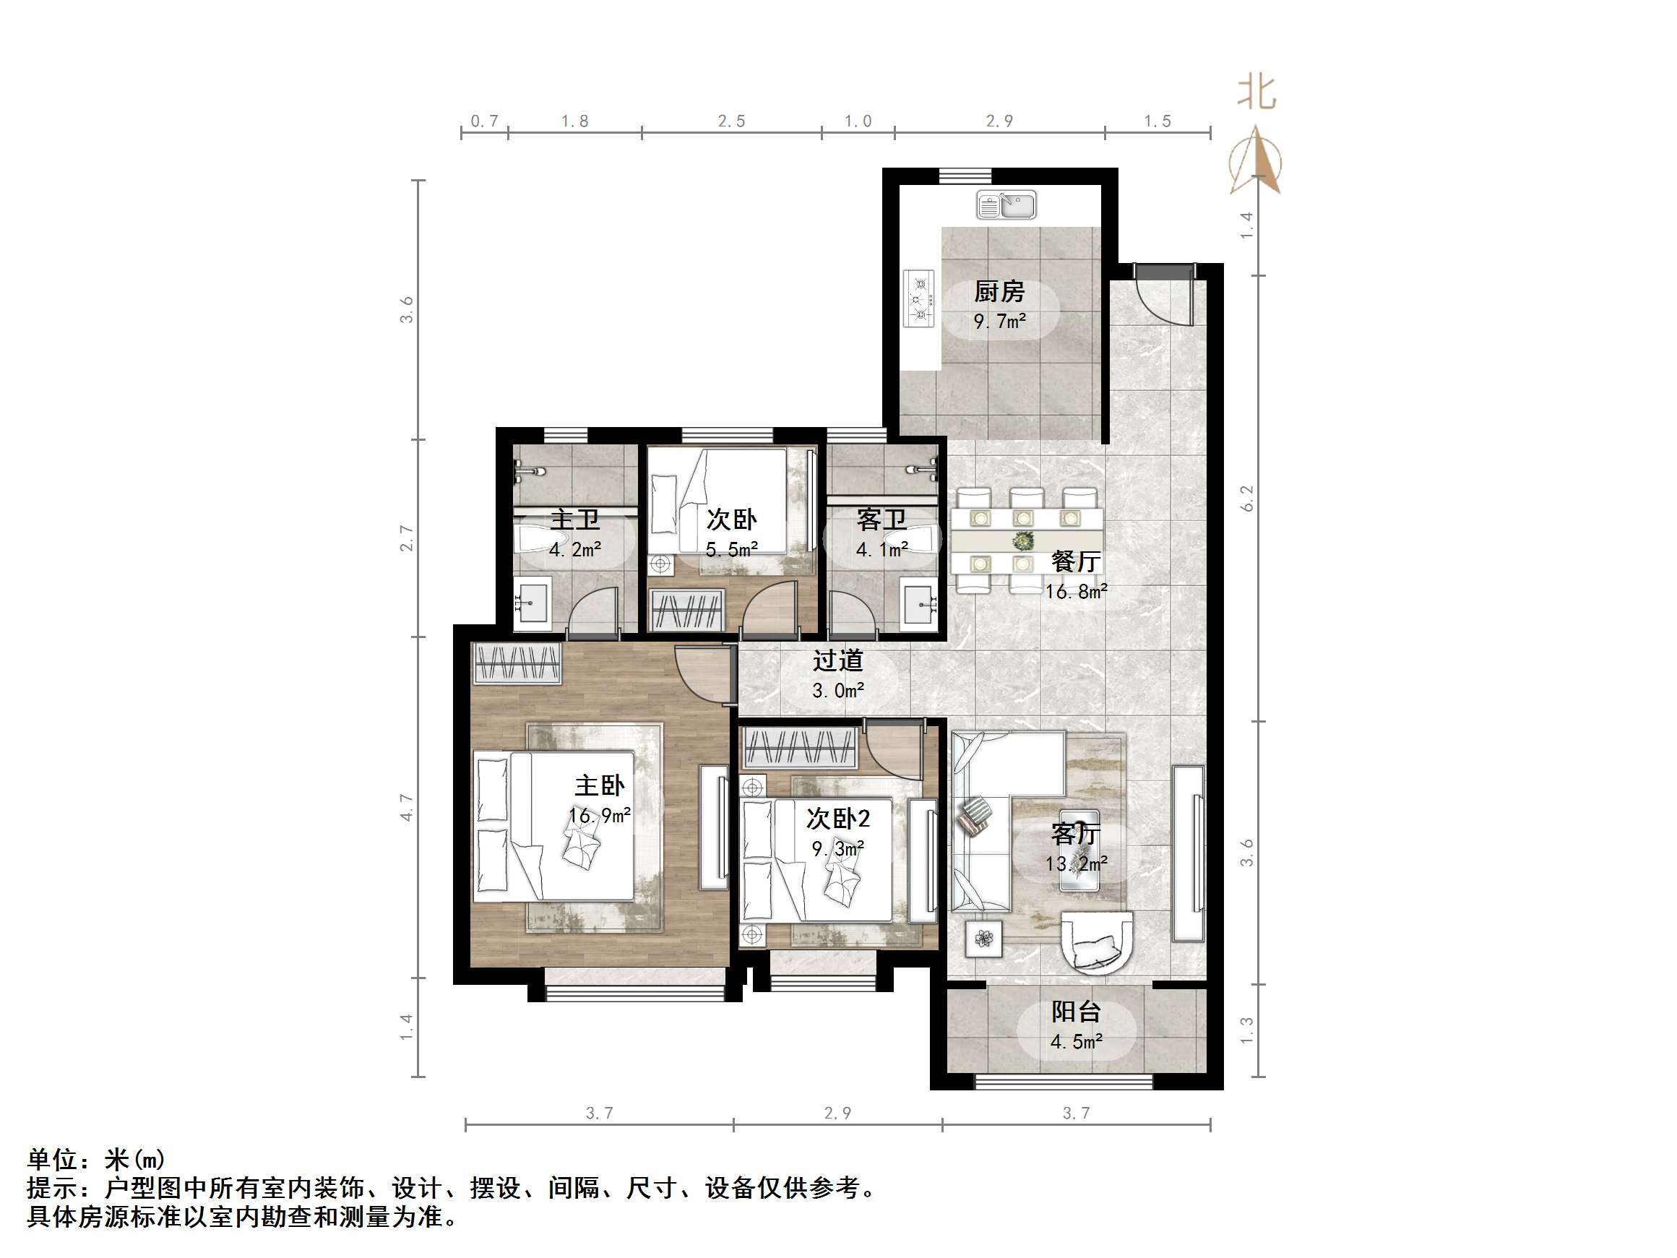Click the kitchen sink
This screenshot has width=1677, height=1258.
pyautogui.click(x=1006, y=204)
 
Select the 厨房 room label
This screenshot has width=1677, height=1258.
pyautogui.click(x=999, y=291)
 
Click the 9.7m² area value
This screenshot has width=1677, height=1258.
pyautogui.click(x=999, y=322)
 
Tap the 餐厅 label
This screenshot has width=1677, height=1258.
pyautogui.click(x=1075, y=562)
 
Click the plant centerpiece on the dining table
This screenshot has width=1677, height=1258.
pyautogui.click(x=1024, y=541)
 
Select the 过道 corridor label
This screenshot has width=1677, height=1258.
pyautogui.click(x=837, y=660)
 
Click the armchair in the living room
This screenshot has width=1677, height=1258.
pyautogui.click(x=1096, y=941)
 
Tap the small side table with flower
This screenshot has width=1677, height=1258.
pyautogui.click(x=984, y=939)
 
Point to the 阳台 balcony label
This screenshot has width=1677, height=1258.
pyautogui.click(x=1076, y=1012)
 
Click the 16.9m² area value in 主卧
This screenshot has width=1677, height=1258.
pyautogui.click(x=600, y=816)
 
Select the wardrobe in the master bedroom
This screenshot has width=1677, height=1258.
pyautogui.click(x=517, y=663)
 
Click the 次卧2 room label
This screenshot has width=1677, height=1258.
pyautogui.click(x=837, y=818)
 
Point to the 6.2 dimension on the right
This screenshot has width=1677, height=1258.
pyautogui.click(x=1247, y=498)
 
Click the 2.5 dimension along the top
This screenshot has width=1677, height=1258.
pyautogui.click(x=732, y=121)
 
